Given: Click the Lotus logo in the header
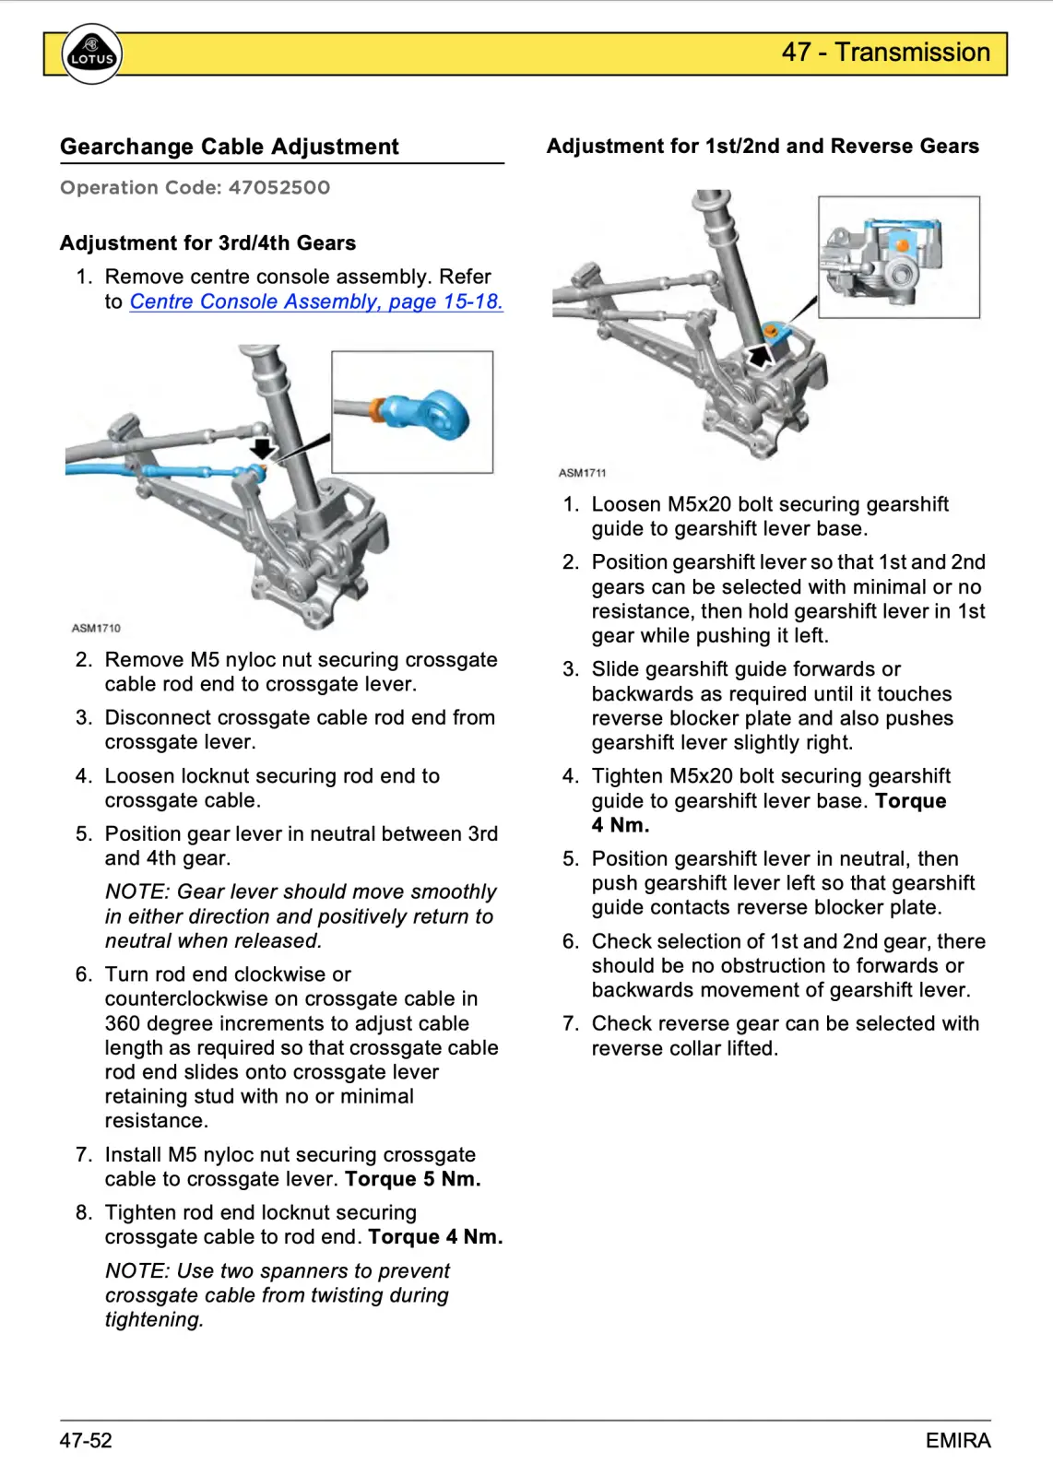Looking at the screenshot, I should pos(91,54).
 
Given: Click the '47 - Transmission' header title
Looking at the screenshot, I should pos(885,53).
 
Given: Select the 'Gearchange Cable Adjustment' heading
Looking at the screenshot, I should pos(230,147).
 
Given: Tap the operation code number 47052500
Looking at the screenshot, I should pos(279,188).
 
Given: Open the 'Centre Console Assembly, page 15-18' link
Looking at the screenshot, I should pos(316,301).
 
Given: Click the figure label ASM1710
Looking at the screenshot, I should pos(96,628).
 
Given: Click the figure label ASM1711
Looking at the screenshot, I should pos(583,473).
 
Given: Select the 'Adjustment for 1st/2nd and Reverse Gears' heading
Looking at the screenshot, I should pos(763,146).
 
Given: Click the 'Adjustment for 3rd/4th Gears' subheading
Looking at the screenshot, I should pos(207,243).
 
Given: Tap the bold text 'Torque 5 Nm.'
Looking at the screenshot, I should pos(413,1179).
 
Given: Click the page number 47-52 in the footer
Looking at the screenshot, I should pos(86,1441).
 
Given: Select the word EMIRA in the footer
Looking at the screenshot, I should pos(958,1441).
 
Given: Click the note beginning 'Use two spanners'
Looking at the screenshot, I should pos(278,1294).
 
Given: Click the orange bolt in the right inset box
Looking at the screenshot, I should pos(902,246).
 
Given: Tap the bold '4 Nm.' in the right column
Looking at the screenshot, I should pos(621,825).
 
